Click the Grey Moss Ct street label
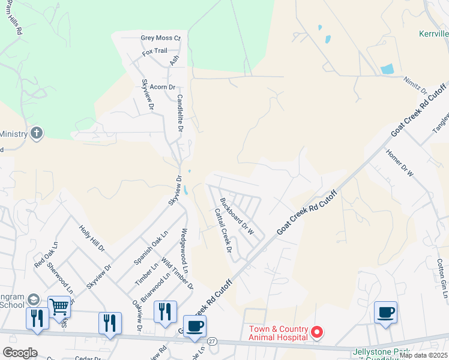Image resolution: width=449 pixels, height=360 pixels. click(x=160, y=38)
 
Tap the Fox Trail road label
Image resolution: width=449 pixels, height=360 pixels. click(x=154, y=52)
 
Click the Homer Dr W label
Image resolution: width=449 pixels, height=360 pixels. click(x=400, y=164)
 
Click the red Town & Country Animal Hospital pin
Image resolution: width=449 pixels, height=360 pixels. click(x=319, y=332)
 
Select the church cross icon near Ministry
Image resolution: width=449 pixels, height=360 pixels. click(x=37, y=133)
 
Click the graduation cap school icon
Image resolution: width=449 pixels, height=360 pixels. click(x=34, y=301)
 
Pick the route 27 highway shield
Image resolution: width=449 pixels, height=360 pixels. click(x=212, y=341)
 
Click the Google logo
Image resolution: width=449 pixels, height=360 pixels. click(x=20, y=353)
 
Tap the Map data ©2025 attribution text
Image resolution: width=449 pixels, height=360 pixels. click(x=423, y=355)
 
